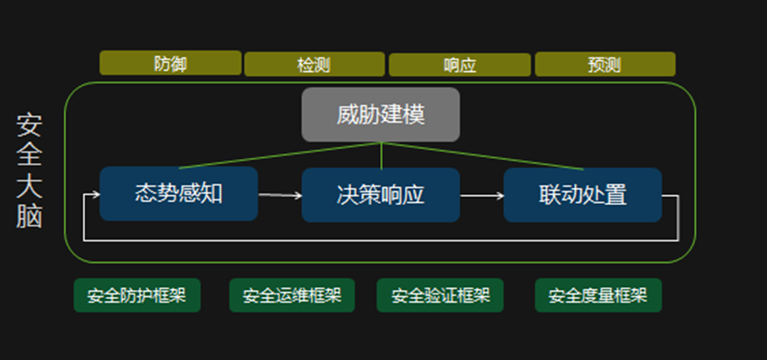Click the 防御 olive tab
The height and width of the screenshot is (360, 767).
170,63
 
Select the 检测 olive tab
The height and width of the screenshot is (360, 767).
314,65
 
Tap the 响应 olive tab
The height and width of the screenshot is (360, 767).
459,65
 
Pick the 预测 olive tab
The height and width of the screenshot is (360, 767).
604,65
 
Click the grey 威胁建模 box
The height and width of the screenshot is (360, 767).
380,114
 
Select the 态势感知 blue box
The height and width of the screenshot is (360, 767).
178,193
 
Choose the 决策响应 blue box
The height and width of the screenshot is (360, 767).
380,194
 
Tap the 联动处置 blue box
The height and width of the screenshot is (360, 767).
583,194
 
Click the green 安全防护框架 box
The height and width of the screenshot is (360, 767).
137,295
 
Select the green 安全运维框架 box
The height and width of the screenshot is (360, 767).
292,295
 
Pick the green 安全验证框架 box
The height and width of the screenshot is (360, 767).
440,295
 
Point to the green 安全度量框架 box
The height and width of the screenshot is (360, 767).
598,295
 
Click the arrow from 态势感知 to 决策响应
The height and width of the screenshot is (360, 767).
279,195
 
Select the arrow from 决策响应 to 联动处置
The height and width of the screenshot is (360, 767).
481,195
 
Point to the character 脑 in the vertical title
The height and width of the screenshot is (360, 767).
29,216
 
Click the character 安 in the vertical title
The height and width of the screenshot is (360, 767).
29,123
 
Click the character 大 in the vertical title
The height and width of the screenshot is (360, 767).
29,185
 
